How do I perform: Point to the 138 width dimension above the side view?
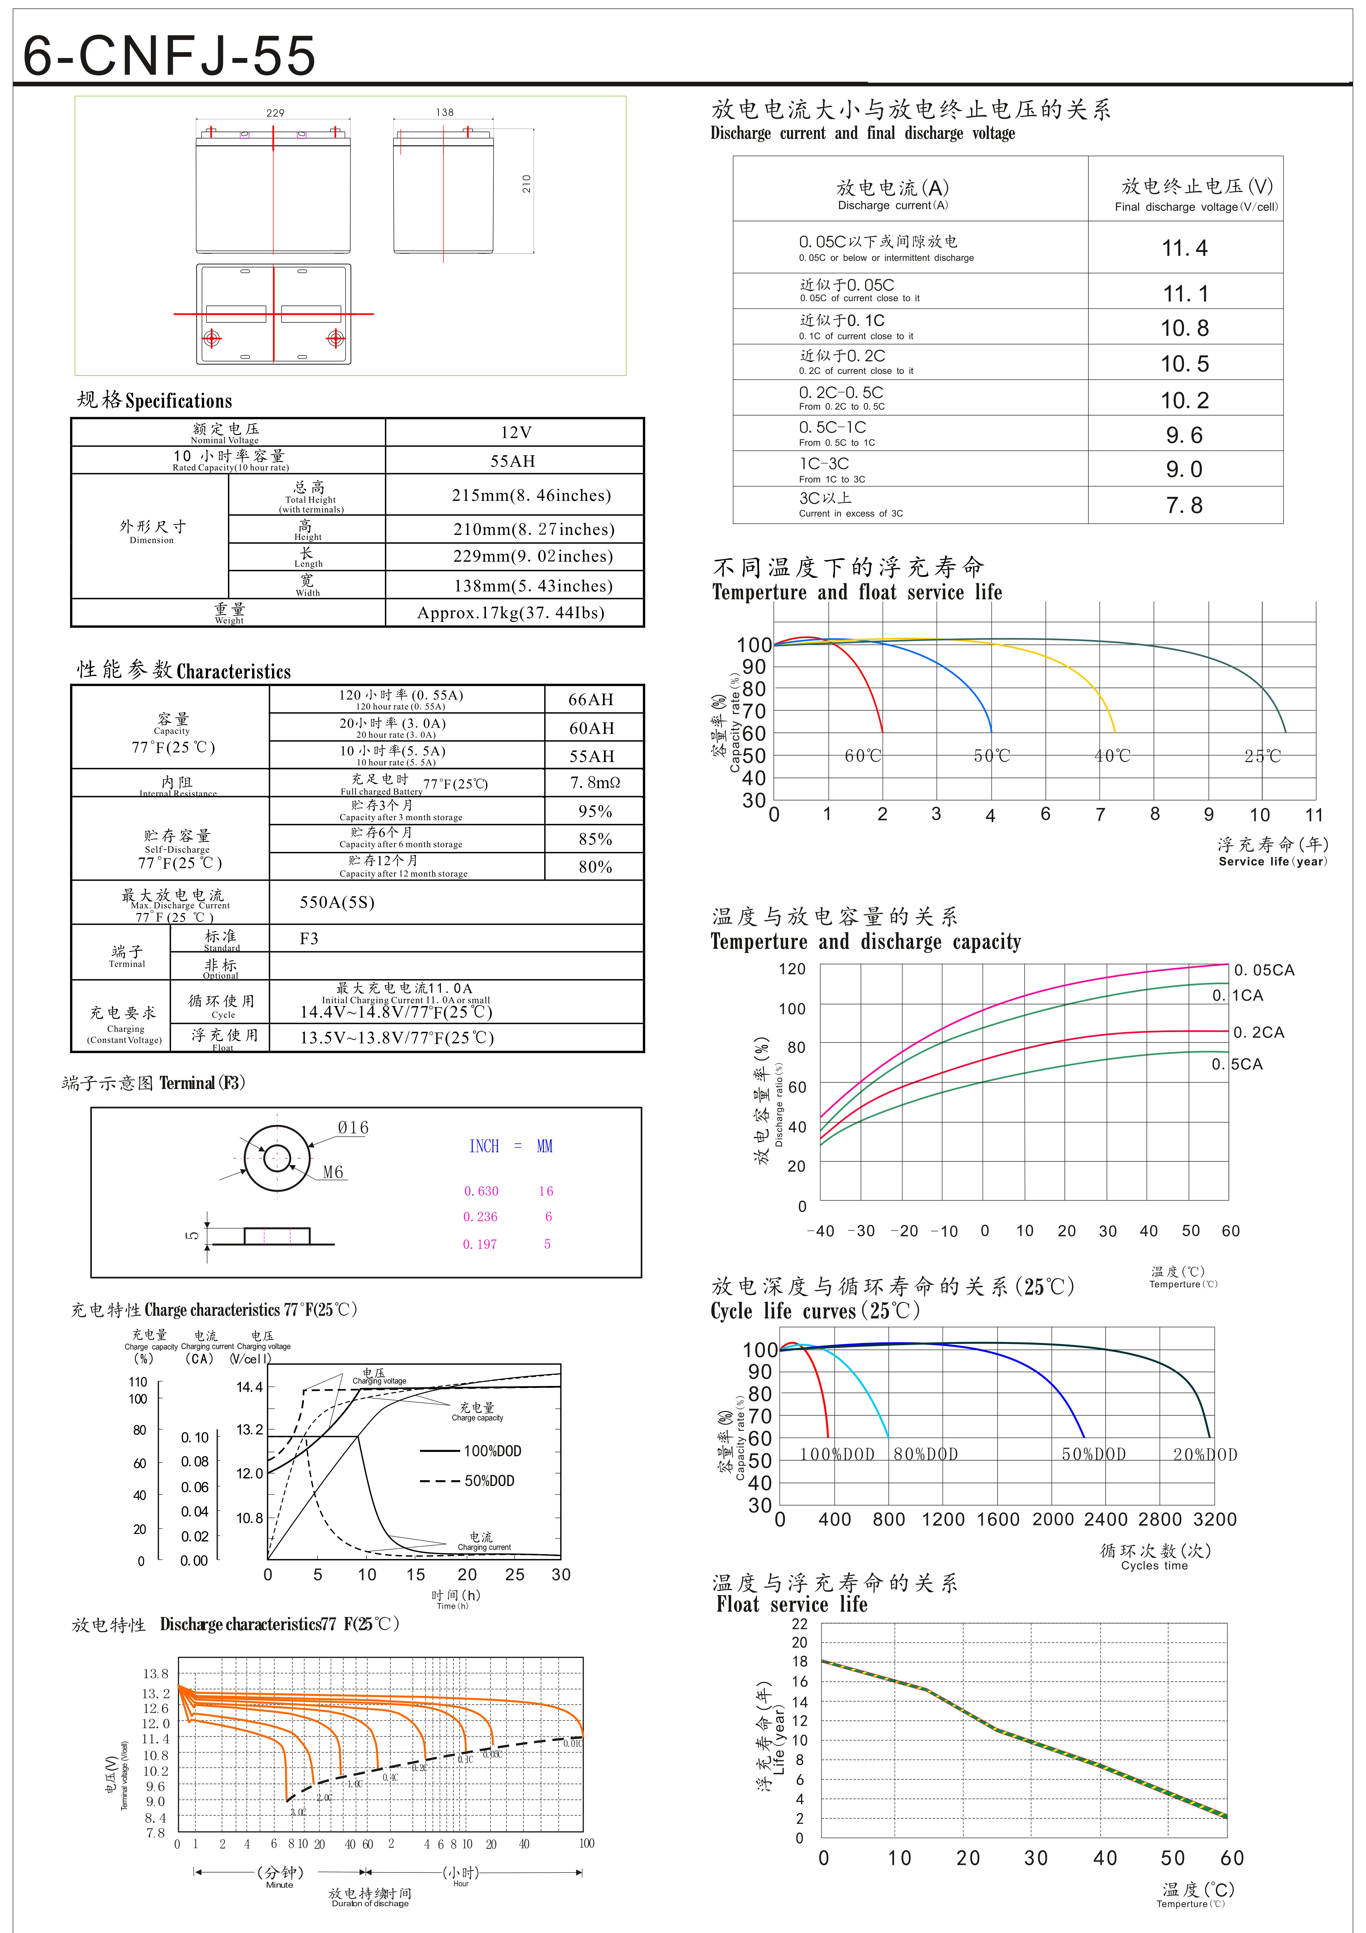click(x=444, y=112)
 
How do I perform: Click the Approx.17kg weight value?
click(x=511, y=613)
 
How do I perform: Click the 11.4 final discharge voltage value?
click(x=1184, y=248)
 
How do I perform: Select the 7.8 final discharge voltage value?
click(x=1184, y=505)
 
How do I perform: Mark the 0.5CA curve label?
click(x=1237, y=1064)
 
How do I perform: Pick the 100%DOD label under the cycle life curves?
click(x=837, y=1455)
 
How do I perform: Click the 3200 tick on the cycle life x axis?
click(x=1215, y=1520)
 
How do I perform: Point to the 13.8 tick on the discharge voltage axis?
click(x=156, y=1674)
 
